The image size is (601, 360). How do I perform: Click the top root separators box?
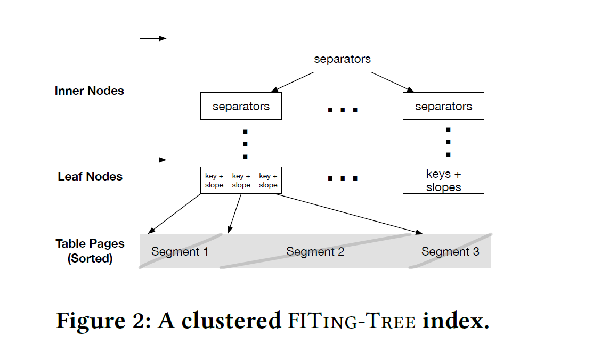[x=342, y=59]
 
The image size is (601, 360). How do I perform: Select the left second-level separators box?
[x=241, y=106]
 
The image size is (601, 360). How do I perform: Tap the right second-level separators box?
[x=443, y=106]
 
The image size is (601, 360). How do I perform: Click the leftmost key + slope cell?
[x=214, y=181]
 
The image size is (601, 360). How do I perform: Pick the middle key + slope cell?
[x=241, y=181]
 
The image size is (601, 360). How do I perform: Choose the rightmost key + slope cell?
[x=268, y=181]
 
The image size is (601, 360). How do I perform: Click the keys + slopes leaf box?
[x=443, y=181]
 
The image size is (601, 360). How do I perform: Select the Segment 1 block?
[x=180, y=251]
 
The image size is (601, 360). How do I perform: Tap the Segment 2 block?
[x=315, y=251]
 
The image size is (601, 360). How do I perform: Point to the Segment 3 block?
[x=450, y=251]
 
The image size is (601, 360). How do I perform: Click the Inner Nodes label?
[x=89, y=91]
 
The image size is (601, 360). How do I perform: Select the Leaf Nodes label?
[x=90, y=177]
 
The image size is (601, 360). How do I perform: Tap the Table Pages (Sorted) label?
[x=90, y=251]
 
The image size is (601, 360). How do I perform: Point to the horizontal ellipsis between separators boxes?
[x=342, y=110]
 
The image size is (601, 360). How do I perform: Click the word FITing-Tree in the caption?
[x=352, y=321]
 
